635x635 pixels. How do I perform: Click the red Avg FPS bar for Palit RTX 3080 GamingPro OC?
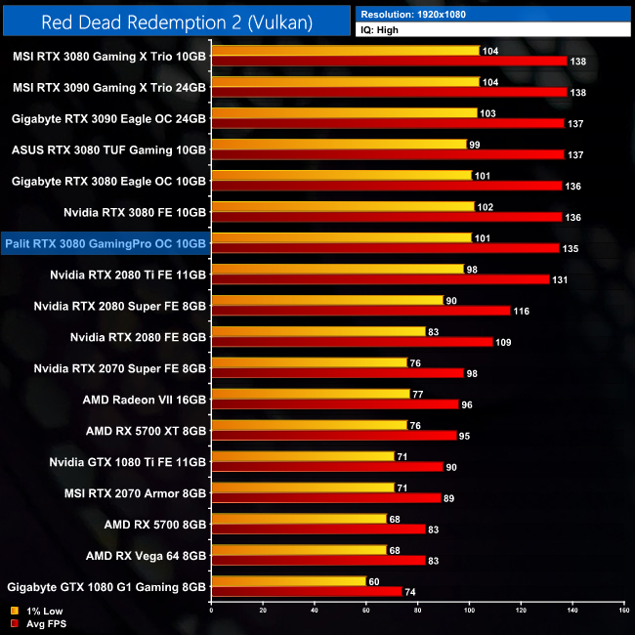385,248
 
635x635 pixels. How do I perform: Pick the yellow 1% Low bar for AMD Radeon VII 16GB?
311,394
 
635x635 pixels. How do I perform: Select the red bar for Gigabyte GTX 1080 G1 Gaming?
307,591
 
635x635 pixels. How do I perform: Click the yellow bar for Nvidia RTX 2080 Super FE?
327,301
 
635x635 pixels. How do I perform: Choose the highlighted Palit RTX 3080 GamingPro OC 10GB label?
106,243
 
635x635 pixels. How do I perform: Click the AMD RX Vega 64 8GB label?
145,556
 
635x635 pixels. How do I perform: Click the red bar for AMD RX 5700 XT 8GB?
334,435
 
